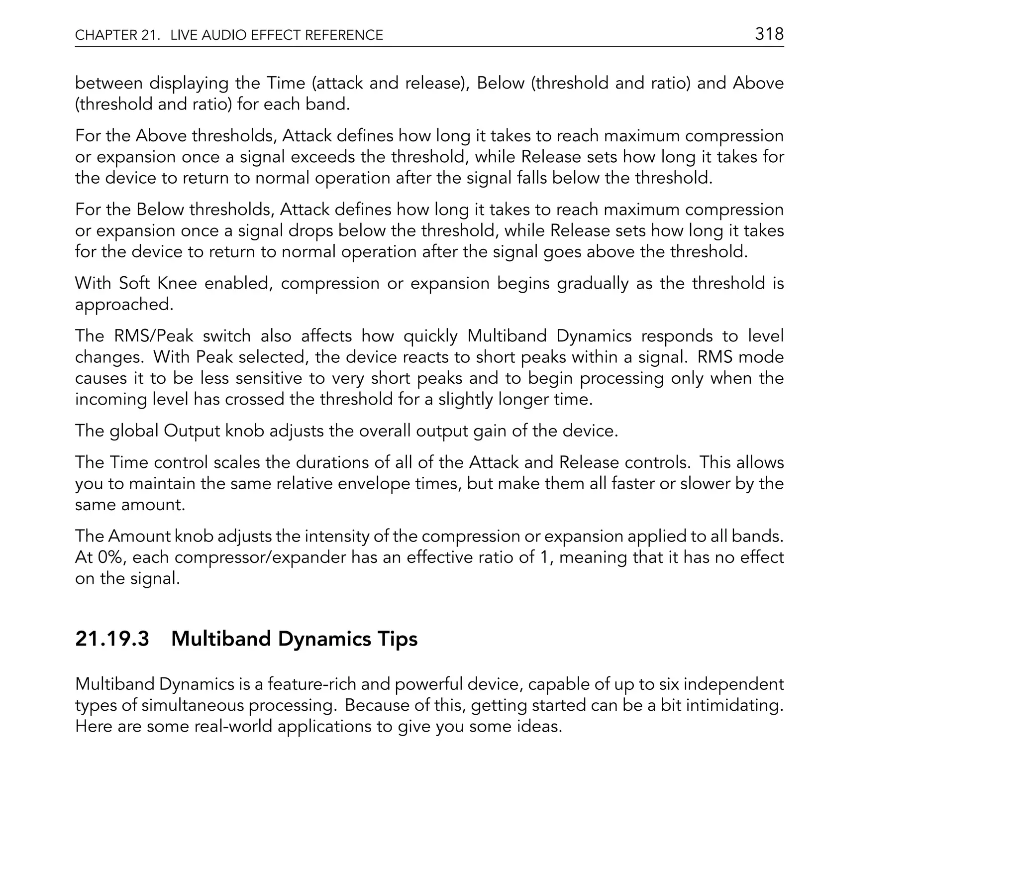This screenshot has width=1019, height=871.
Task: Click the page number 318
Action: [769, 34]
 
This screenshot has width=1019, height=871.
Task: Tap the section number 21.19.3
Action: [112, 639]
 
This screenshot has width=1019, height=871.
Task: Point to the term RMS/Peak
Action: [153, 336]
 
